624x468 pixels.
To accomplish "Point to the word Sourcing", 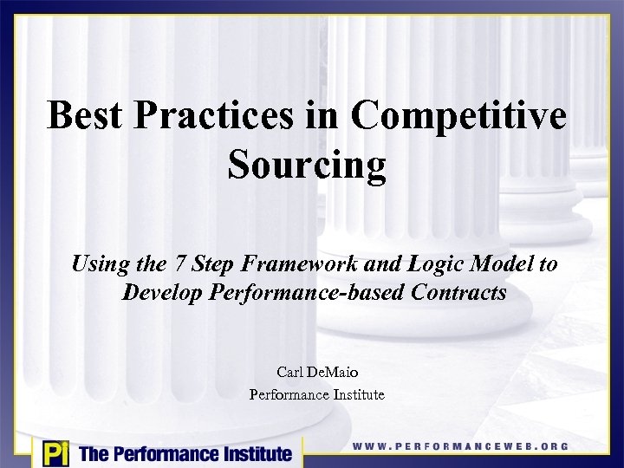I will pyautogui.click(x=308, y=165).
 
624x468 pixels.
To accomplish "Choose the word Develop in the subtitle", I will pyautogui.click(x=160, y=293).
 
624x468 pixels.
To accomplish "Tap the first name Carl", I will pyautogui.click(x=289, y=373).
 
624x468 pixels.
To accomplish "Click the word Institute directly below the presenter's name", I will pyautogui.click(x=355, y=395).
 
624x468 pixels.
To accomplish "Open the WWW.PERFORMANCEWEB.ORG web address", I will pyautogui.click(x=460, y=446).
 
